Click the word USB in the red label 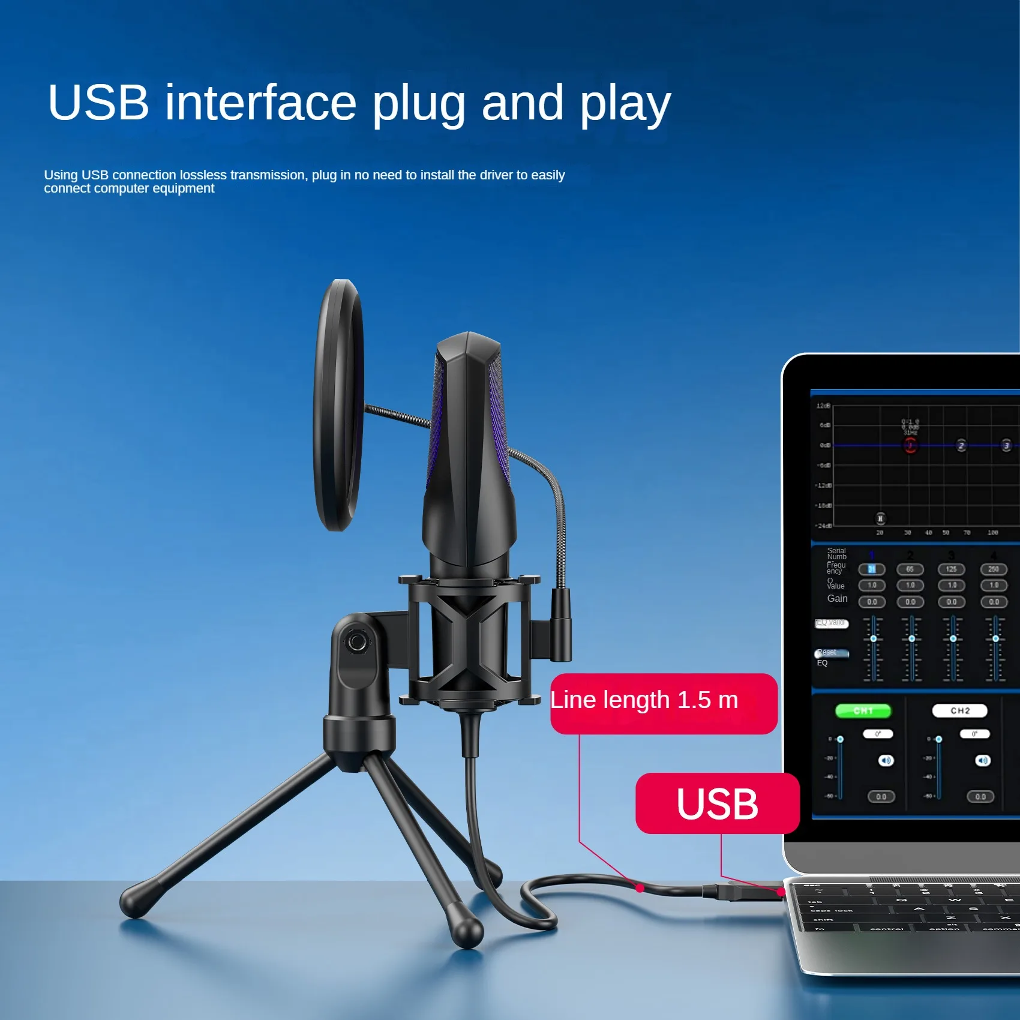click(x=717, y=804)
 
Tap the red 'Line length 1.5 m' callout click(x=663, y=703)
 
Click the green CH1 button click(x=863, y=711)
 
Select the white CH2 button click(x=959, y=711)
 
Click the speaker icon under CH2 click(x=982, y=761)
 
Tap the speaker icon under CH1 click(x=886, y=761)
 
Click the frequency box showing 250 click(x=994, y=569)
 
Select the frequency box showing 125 click(x=951, y=569)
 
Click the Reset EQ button click(x=832, y=653)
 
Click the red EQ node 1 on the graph click(x=910, y=445)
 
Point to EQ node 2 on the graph click(x=961, y=445)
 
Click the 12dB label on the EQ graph click(x=823, y=406)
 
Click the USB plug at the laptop click(x=744, y=892)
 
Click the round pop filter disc click(x=338, y=405)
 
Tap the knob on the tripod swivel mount click(x=358, y=642)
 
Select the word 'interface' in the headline click(x=261, y=103)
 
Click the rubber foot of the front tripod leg click(x=469, y=932)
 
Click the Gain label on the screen click(x=837, y=599)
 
